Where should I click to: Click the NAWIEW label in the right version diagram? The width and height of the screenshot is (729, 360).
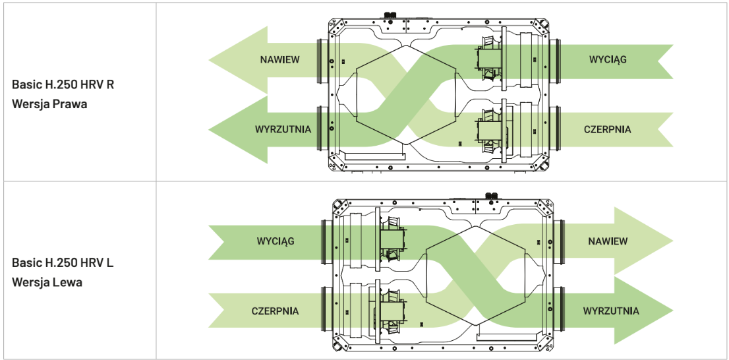(x=279, y=60)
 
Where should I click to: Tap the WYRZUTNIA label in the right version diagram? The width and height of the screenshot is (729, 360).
(x=283, y=129)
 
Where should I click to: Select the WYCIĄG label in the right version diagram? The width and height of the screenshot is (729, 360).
(x=608, y=60)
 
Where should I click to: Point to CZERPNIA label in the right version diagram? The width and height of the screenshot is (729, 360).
(x=607, y=129)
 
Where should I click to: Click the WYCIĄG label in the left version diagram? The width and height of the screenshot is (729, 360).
(x=276, y=241)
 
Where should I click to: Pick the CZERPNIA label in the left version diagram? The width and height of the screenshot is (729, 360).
(x=275, y=311)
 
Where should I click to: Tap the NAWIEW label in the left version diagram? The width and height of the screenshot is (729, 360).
(x=608, y=241)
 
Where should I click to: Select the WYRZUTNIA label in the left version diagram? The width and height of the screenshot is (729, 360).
(x=610, y=311)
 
